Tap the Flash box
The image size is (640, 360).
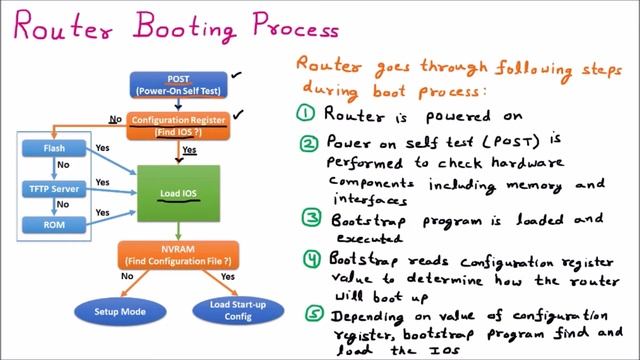click(54, 150)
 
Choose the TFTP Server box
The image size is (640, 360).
click(54, 188)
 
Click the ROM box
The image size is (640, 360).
click(54, 225)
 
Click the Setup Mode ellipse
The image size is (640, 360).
click(121, 312)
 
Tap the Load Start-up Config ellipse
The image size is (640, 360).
click(237, 312)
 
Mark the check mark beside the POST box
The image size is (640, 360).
click(236, 73)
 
